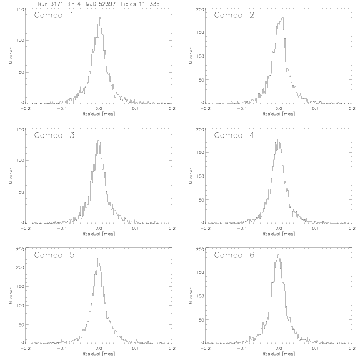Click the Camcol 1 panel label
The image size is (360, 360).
(54, 15)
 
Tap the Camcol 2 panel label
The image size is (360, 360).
(234, 15)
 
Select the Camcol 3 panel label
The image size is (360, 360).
(54, 135)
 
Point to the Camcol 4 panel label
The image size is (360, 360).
(234, 135)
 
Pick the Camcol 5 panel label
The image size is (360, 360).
(54, 255)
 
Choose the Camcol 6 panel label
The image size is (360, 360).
(234, 255)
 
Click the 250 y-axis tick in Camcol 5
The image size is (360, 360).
(20, 249)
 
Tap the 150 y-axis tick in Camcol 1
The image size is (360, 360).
(20, 9)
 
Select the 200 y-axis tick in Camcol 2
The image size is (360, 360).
(200, 9)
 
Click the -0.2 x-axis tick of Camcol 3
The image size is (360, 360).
(25, 229)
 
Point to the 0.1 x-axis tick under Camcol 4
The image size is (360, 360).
(316, 229)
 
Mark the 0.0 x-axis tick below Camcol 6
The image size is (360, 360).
(279, 349)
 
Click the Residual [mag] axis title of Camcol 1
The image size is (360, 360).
(99, 114)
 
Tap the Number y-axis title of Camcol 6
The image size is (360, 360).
(191, 296)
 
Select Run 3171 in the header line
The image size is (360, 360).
(50, 4)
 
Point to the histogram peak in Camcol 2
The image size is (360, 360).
(282, 18)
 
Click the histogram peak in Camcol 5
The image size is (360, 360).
(97, 259)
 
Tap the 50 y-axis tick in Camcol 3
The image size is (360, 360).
(21, 192)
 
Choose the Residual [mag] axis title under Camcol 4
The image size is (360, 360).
(279, 234)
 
